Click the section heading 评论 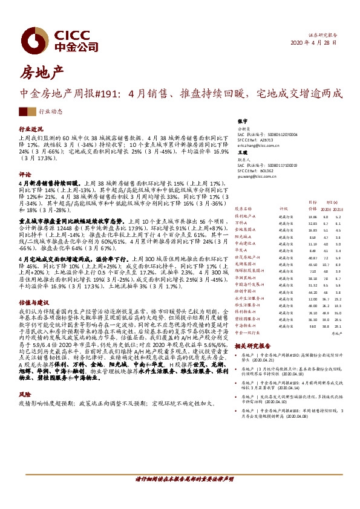25,173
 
